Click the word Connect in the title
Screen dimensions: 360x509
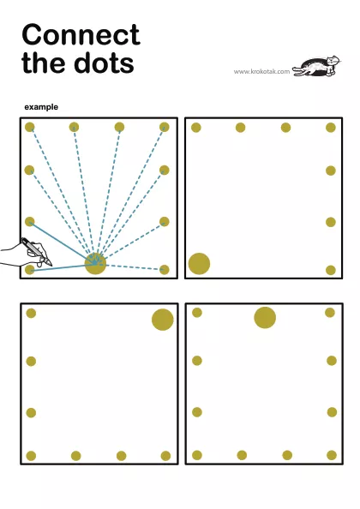coord(81,35)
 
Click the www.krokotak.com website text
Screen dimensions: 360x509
coord(261,71)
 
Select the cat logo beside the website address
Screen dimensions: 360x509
coord(317,66)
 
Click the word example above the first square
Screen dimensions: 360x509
coord(41,107)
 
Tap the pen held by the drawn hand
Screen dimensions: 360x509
coord(36,252)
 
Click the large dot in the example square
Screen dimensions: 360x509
coord(95,263)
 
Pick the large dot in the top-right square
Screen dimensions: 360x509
coord(199,264)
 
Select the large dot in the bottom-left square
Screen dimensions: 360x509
coord(163,320)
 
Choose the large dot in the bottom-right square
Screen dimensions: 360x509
coord(265,317)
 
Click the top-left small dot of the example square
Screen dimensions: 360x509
coord(30,127)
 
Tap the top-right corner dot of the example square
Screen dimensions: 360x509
coord(165,127)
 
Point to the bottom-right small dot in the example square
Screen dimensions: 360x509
coord(165,269)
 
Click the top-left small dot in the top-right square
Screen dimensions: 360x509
coord(196,128)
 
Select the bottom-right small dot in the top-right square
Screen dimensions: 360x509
coord(331,270)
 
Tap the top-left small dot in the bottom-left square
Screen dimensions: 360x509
coord(31,314)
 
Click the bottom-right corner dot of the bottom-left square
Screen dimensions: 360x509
coord(165,456)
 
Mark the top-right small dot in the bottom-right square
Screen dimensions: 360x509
coord(330,313)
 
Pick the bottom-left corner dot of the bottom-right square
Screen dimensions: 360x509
coord(197,455)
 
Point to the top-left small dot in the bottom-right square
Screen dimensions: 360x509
coord(197,313)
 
